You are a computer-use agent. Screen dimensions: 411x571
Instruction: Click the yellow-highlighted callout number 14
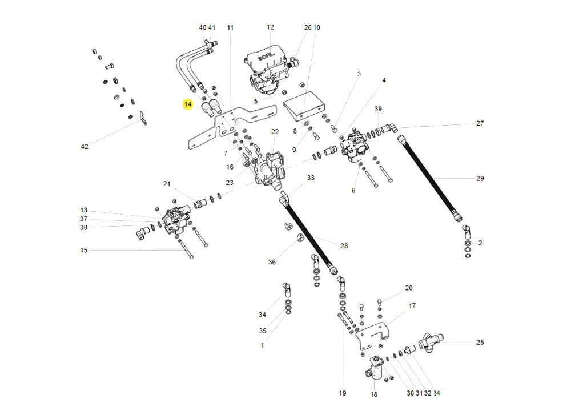[187, 104]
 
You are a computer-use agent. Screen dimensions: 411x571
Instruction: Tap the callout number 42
[85, 147]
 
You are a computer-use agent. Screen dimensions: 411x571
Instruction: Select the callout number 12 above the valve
[270, 27]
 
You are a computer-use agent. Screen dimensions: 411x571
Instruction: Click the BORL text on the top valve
[267, 57]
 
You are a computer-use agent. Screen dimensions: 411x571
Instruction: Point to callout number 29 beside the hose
[480, 178]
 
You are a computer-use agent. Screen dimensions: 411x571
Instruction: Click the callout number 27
[480, 123]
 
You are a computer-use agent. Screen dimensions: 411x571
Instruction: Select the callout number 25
[480, 342]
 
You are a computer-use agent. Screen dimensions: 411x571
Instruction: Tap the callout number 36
[272, 262]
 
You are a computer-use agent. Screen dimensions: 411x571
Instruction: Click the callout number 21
[167, 183]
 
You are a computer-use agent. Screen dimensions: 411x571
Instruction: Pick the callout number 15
[84, 250]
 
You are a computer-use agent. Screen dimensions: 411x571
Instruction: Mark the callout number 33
[310, 178]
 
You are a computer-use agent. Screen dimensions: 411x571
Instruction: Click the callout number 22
[275, 132]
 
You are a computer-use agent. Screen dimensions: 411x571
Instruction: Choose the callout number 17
[412, 305]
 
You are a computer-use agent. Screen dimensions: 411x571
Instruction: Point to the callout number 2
[480, 243]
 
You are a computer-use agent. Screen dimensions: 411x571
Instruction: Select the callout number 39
[378, 109]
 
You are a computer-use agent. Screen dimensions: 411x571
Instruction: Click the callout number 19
[343, 393]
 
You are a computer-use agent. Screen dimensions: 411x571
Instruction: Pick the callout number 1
[262, 345]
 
